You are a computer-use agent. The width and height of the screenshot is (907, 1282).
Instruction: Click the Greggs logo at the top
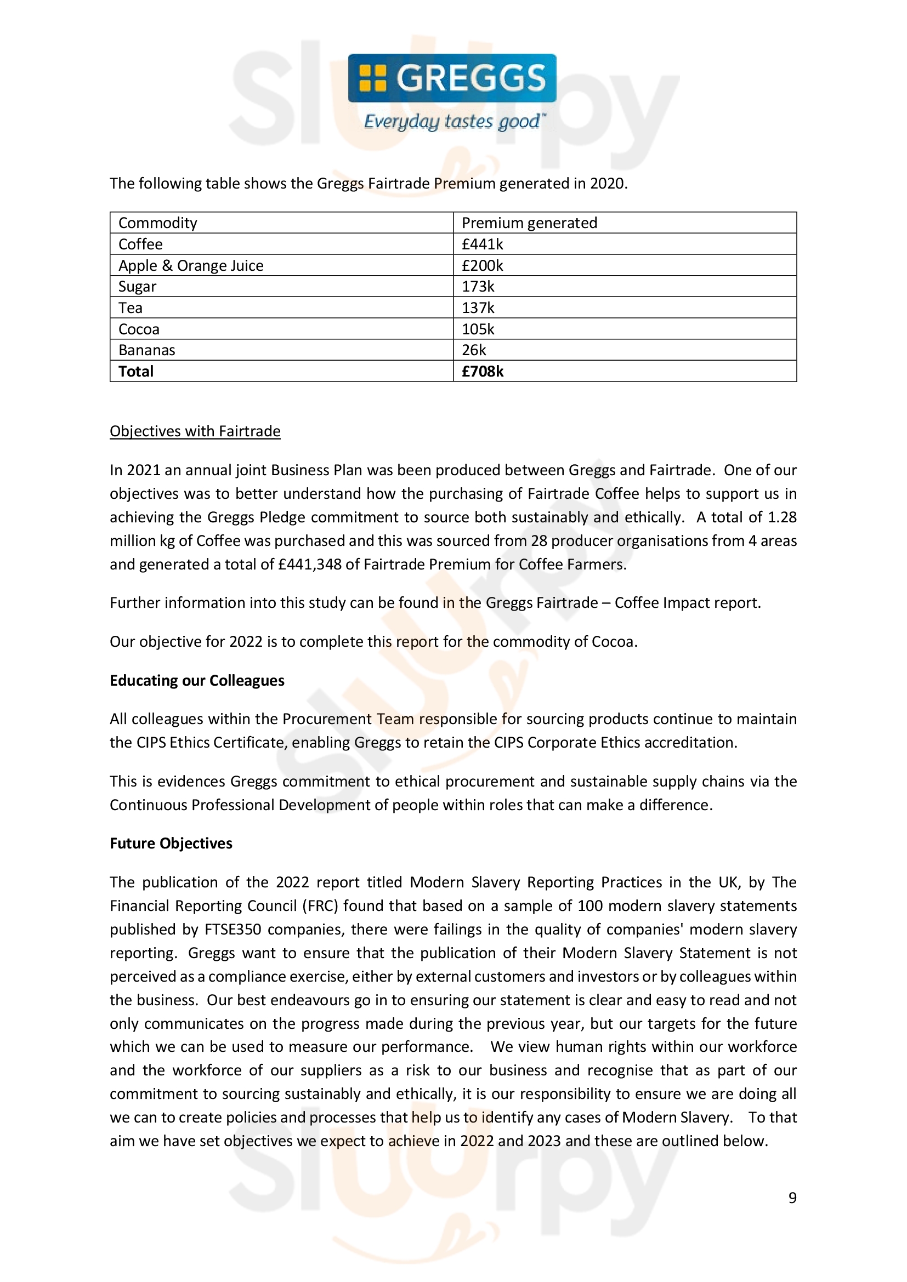tap(452, 78)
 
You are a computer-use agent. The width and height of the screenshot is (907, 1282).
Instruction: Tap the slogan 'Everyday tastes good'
tap(452, 121)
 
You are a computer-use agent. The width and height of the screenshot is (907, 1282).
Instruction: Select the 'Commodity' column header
tap(157, 223)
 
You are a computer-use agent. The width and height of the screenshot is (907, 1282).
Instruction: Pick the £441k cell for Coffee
tap(482, 244)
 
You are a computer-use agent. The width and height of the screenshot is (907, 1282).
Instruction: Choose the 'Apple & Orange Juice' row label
tap(190, 265)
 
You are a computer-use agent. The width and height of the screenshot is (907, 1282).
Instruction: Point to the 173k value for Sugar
tap(478, 287)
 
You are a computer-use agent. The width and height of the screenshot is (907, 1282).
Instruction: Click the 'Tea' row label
tap(130, 307)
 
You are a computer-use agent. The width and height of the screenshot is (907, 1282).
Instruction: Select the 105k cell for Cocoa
tap(478, 329)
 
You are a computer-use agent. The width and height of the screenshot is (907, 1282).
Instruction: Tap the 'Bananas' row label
tap(146, 350)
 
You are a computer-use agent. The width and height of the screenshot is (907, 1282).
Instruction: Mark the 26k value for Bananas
tap(474, 350)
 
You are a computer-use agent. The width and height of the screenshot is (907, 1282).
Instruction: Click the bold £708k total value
tap(482, 371)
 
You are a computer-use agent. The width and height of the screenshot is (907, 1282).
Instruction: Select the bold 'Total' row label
tap(135, 371)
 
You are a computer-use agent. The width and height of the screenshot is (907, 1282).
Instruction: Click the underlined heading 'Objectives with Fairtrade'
tap(195, 431)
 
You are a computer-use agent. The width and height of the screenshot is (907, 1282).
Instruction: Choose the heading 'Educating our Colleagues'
tap(197, 681)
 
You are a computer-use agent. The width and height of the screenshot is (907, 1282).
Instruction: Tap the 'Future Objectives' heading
tap(171, 843)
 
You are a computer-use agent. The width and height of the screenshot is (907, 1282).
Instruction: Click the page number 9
tap(792, 1198)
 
